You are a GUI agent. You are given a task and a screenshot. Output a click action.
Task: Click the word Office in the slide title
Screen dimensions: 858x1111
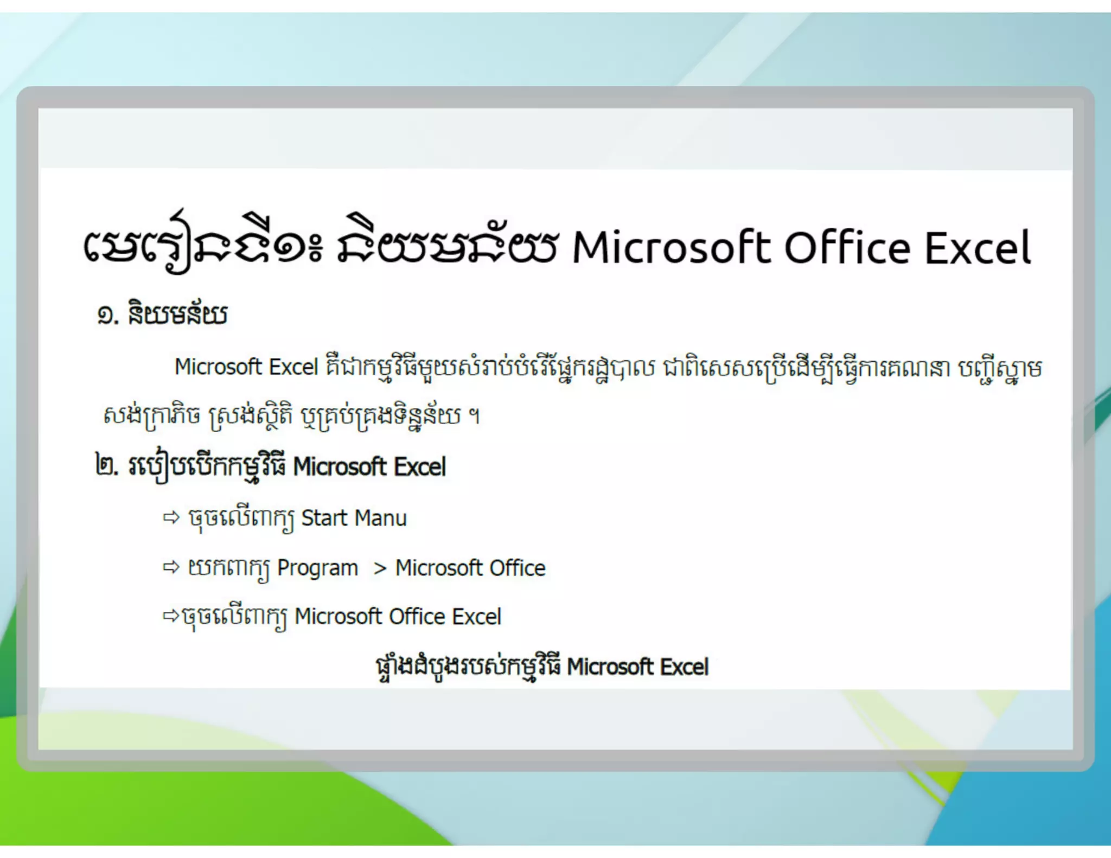(x=847, y=248)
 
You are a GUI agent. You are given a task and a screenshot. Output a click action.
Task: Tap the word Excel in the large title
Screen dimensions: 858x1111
(x=977, y=248)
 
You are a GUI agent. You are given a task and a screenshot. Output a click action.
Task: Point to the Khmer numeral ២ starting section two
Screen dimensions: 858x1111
(x=105, y=466)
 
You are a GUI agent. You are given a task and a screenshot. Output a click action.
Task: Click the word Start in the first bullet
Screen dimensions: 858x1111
(x=324, y=518)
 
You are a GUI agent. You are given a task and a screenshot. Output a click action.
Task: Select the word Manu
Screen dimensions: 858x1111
(x=380, y=518)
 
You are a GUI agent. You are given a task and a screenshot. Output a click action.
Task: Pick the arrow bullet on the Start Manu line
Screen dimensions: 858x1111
(x=171, y=518)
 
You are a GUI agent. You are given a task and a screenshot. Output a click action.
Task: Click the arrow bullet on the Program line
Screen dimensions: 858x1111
(x=171, y=568)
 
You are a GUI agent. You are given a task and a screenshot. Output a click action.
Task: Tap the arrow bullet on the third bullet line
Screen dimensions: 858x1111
(x=171, y=616)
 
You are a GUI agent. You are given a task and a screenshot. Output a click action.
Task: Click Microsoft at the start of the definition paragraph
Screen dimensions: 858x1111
(x=218, y=367)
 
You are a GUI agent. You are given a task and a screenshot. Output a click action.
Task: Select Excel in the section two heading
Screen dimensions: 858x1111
(x=419, y=467)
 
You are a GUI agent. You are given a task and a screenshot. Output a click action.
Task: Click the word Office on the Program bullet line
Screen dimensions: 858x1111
(x=517, y=568)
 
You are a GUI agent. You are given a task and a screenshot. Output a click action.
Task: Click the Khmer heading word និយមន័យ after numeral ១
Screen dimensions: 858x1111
(x=177, y=315)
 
